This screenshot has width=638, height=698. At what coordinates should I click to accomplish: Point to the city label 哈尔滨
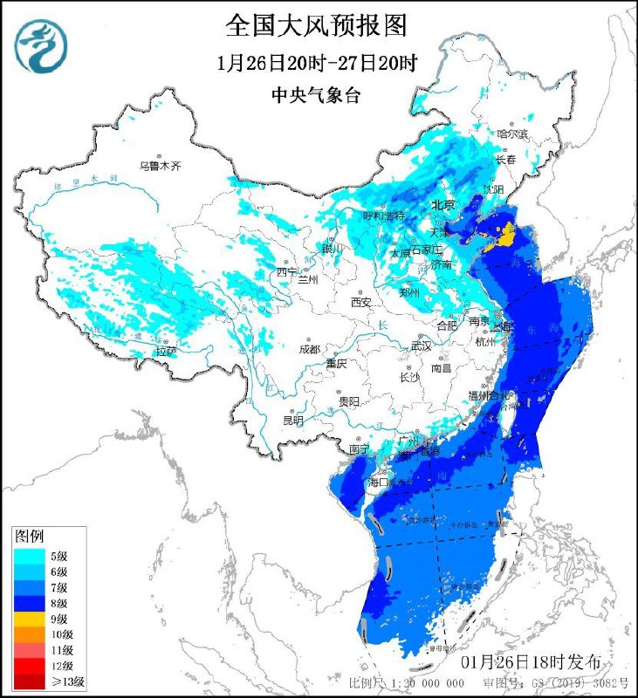(512, 134)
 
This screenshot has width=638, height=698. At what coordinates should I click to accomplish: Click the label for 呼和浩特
(385, 216)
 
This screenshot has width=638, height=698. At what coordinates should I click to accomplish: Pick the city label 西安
(361, 302)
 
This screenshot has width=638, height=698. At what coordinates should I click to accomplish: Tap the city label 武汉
(422, 346)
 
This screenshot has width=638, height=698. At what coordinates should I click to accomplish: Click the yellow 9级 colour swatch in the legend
(28, 618)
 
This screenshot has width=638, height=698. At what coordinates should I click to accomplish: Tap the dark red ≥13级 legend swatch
(28, 681)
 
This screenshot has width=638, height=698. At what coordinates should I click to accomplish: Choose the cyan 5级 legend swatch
(28, 555)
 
